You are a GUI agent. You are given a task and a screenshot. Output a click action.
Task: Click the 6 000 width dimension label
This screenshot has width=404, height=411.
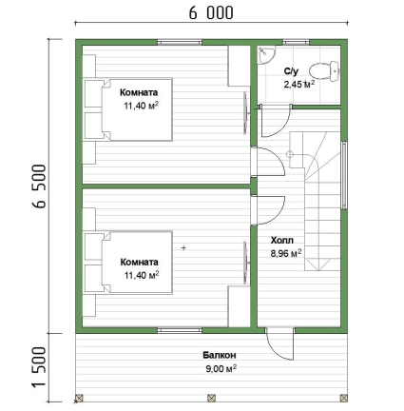211,13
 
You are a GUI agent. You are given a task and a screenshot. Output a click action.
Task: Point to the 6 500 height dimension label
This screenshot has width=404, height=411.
40,186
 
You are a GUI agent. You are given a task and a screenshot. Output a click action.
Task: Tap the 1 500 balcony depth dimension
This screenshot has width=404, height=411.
40,367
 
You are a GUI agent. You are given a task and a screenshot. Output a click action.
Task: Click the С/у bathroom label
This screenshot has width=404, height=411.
291,71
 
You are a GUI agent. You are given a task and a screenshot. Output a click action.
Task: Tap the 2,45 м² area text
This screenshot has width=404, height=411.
299,85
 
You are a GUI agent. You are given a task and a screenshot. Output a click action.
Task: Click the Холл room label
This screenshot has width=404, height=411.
281,241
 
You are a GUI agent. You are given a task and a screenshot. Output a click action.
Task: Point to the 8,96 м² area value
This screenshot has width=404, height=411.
286,253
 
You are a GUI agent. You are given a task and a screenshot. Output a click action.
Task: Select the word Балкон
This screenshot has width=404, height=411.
220,355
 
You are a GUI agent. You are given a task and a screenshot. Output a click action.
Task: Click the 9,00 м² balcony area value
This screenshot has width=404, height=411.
221,369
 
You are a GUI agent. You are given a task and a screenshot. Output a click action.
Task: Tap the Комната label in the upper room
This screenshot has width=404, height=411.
139,92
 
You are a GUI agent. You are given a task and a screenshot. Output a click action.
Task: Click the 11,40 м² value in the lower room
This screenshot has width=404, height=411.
142,275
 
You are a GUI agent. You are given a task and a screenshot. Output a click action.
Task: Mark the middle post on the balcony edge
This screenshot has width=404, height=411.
211,398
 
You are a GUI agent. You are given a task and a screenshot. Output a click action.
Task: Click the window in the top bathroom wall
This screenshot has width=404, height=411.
296,42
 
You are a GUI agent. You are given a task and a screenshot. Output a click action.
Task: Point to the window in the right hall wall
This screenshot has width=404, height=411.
344,175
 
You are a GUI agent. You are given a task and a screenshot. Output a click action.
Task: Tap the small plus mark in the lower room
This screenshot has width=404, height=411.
183,248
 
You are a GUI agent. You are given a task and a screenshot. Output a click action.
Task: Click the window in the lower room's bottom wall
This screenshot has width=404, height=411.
180,330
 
